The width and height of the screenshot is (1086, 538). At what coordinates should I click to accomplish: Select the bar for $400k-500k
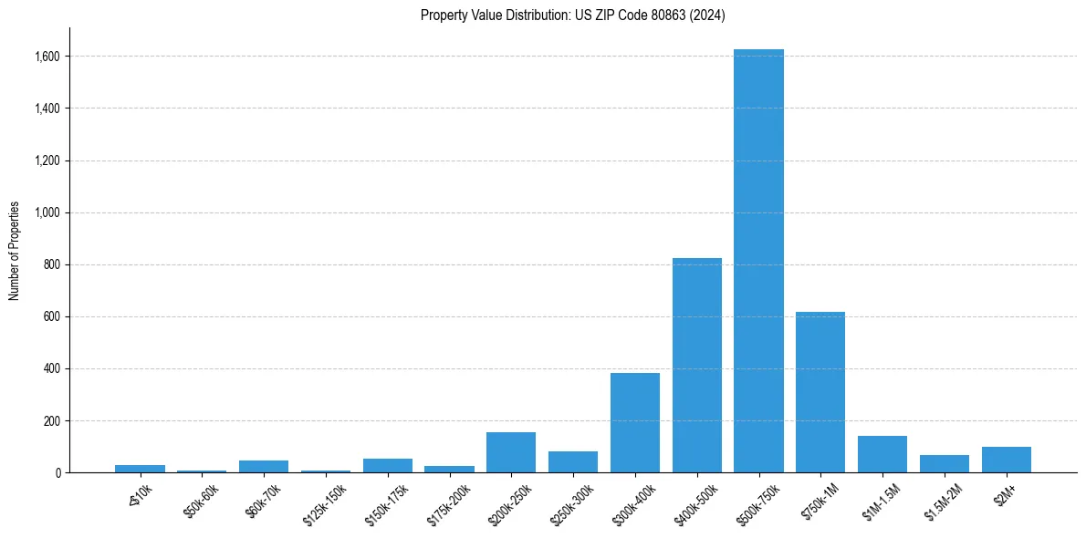pos(696,365)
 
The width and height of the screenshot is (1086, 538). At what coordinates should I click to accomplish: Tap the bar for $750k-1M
pos(820,392)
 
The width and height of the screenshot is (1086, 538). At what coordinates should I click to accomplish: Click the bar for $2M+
pos(1006,460)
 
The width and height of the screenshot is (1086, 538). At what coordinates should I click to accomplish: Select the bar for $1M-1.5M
pos(882,454)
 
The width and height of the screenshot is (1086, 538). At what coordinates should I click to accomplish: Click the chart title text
pos(572,16)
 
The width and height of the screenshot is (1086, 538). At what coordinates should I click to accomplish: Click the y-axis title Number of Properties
pos(15,251)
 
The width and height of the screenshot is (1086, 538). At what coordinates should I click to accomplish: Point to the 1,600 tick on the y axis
pos(47,57)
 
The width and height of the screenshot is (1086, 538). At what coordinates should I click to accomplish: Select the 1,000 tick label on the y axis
pos(47,212)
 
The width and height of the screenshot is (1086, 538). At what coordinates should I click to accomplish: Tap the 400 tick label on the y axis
pos(51,369)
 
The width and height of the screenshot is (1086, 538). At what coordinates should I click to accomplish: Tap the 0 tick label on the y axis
pos(57,473)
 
